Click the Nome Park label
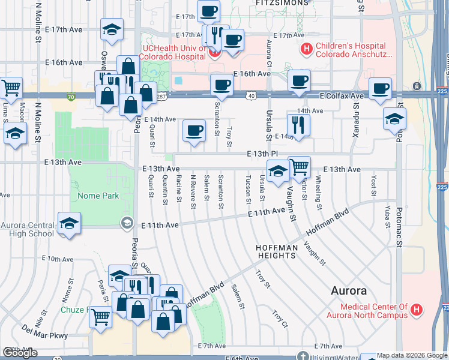pos(98,196)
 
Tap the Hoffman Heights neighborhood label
pos(277,251)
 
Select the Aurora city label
pos(349,291)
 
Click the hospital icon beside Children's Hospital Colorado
pos(307,49)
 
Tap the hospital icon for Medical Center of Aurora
pos(417,311)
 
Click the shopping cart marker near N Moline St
pos(11,87)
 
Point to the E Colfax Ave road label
pos(342,96)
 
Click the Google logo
pos(20,353)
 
